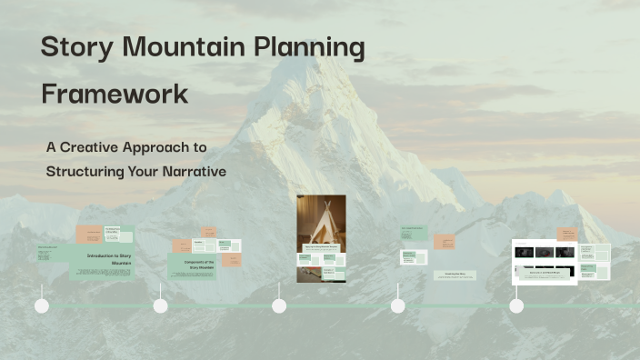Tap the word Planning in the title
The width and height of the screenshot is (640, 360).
[307, 48]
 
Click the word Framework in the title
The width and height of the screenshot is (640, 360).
[115, 94]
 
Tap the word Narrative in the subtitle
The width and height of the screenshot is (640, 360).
[192, 171]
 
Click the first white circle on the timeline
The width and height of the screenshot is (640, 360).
[42, 306]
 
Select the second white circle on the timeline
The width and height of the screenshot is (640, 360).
[161, 306]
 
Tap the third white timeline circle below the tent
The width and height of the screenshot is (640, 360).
[279, 306]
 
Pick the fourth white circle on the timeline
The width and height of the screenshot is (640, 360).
[398, 306]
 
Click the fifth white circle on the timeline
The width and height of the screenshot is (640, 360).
[516, 306]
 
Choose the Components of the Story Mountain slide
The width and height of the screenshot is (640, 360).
[192, 265]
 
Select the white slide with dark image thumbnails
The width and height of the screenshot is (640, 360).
[545, 261]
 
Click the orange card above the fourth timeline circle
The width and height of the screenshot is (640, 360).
[445, 242]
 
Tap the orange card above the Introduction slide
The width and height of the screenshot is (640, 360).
[88, 235]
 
